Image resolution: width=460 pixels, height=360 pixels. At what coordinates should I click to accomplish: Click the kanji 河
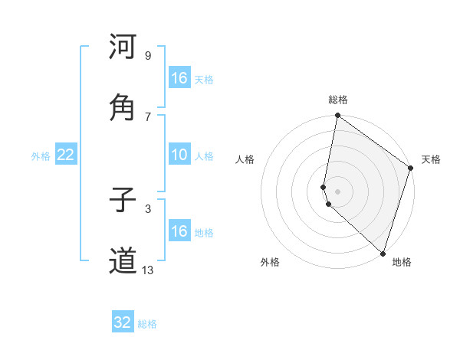[123, 47]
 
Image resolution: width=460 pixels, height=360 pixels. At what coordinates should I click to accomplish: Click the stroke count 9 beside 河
[148, 56]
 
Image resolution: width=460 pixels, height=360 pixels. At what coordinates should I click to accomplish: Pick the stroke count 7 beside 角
[148, 116]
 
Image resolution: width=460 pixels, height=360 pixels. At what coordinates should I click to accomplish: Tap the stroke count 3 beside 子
[148, 208]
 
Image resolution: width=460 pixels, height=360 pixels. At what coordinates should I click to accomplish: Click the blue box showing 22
[65, 155]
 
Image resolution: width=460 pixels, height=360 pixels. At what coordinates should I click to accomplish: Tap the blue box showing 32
[123, 322]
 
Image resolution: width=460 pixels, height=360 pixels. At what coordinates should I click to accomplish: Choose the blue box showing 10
[179, 155]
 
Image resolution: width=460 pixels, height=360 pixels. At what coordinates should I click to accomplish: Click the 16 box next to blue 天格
[179, 78]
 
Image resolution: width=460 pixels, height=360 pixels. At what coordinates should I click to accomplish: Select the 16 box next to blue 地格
[179, 231]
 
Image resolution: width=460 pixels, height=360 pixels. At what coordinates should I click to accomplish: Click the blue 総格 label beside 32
[148, 324]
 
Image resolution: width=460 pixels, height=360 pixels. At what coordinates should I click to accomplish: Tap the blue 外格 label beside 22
[41, 156]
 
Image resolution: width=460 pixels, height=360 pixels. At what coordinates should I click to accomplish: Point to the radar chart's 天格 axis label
[432, 159]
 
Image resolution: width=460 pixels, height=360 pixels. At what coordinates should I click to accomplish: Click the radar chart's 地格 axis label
[402, 262]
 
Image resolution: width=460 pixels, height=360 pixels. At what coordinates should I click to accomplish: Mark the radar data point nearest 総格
[337, 116]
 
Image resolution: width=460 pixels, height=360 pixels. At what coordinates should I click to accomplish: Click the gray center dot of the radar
[337, 191]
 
